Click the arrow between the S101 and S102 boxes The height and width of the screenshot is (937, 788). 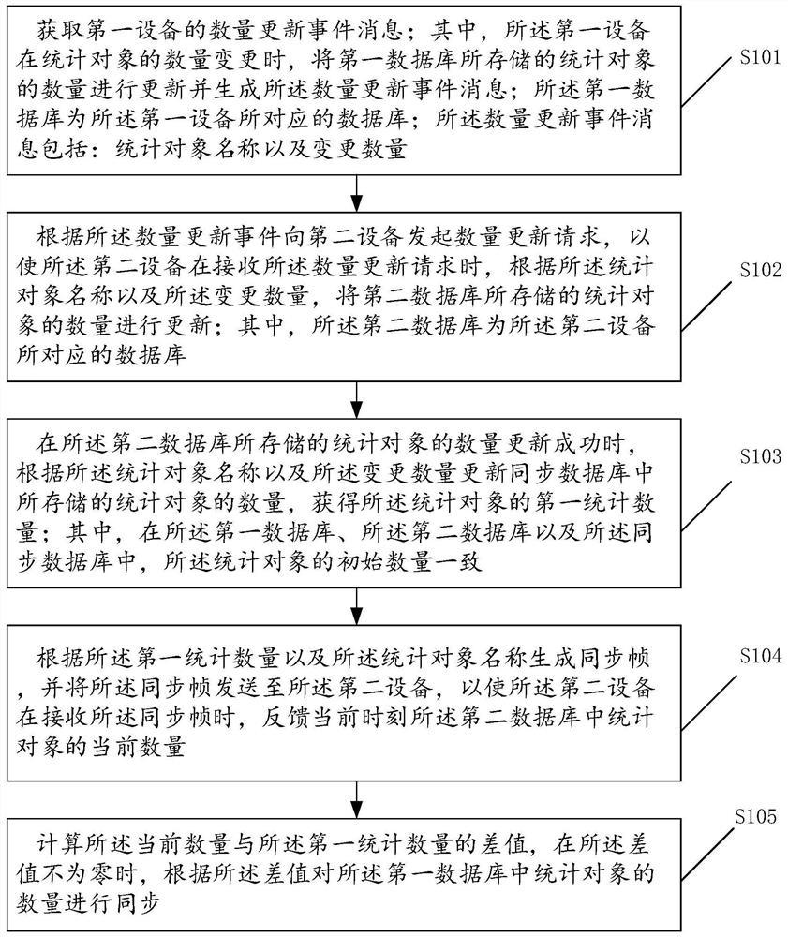(356, 195)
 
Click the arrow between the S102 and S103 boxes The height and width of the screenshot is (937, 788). (356, 400)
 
